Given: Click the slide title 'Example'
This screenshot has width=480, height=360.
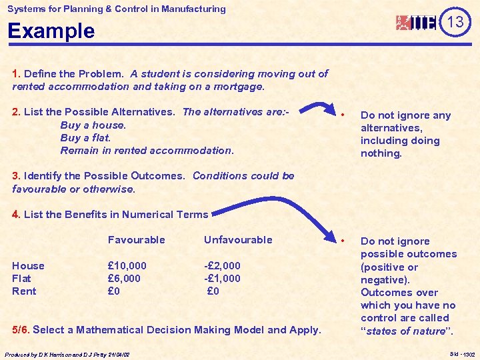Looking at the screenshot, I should point(51,31).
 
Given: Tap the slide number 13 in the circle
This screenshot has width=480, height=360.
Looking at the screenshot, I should point(455,23).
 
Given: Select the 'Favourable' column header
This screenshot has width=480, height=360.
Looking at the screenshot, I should point(136,240).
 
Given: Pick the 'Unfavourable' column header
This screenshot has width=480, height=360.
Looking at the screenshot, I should point(238,240).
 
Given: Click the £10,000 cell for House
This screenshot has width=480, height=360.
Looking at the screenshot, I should point(127,266).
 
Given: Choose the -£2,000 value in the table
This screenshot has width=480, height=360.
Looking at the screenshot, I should point(222,266).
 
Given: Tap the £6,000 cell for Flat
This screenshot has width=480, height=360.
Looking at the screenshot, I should point(124,279).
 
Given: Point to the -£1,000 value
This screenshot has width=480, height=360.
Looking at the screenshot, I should point(222,279).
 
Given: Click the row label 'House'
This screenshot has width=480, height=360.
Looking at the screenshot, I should point(28,266).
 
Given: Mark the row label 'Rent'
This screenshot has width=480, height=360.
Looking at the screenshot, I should point(24,291).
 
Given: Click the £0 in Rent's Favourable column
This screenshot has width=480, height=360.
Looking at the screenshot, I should point(114,291).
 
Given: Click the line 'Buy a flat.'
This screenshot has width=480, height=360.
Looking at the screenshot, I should point(85,138).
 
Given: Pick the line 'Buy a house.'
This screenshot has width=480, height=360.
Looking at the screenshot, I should point(93,125).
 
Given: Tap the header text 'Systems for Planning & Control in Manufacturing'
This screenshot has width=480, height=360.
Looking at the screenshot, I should point(117,9).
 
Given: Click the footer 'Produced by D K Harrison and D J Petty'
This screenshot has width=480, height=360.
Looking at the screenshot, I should point(67,355).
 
